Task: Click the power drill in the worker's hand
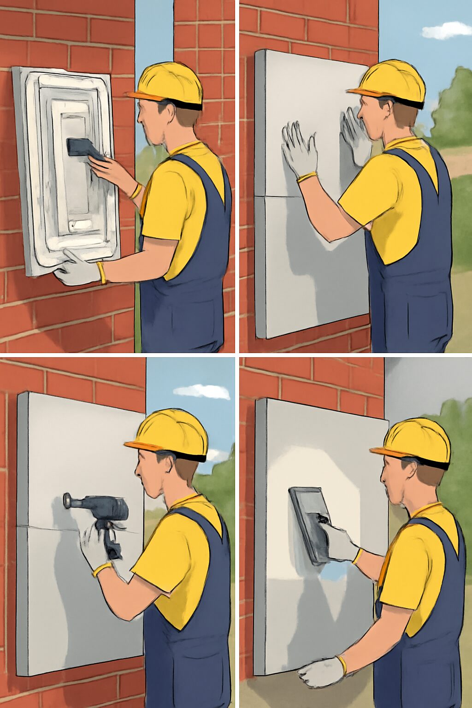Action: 104,510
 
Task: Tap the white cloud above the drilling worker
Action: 203,392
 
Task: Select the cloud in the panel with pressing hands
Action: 446,31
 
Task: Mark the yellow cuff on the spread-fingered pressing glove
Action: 307,177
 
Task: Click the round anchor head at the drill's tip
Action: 68,500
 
